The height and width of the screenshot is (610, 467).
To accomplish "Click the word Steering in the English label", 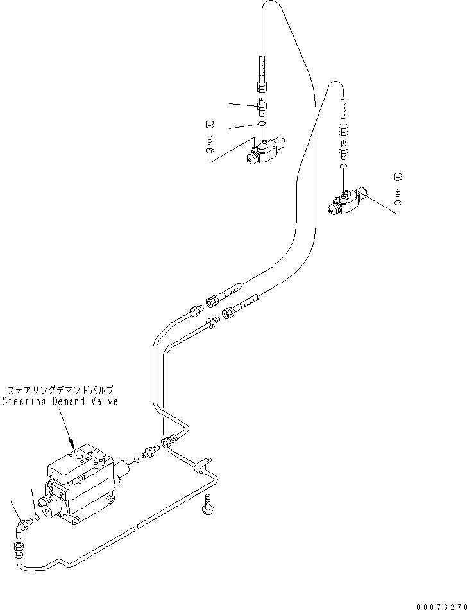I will (x=24, y=401).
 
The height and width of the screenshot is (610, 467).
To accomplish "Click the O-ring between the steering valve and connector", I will (x=136, y=458).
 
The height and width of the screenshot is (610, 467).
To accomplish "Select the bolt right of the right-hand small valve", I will (x=398, y=183).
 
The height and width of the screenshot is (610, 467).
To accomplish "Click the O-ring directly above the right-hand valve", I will (x=343, y=166).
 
